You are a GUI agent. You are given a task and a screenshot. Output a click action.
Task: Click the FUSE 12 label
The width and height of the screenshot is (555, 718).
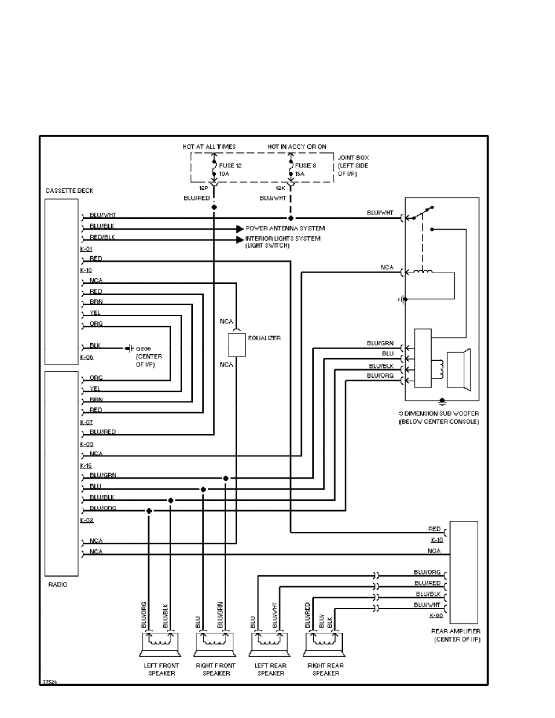(x=230, y=165)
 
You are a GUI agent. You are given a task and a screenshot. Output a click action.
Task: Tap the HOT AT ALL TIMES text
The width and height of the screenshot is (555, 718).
(x=209, y=146)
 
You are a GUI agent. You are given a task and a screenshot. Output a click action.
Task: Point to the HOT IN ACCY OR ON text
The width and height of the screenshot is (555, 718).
(x=297, y=146)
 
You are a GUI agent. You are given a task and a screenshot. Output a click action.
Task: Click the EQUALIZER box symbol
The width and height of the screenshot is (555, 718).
(x=237, y=344)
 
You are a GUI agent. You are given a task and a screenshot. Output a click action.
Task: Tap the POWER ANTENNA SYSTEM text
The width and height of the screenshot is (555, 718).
(x=285, y=228)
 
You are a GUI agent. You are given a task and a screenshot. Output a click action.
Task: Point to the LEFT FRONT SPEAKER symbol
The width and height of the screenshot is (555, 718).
(x=160, y=647)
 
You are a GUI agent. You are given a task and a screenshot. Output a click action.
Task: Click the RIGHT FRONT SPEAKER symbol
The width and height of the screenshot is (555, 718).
(x=213, y=647)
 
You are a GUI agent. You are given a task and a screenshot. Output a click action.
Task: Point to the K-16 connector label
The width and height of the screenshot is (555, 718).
(x=86, y=466)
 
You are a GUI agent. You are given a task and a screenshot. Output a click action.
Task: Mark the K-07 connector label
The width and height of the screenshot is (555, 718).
(x=86, y=421)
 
